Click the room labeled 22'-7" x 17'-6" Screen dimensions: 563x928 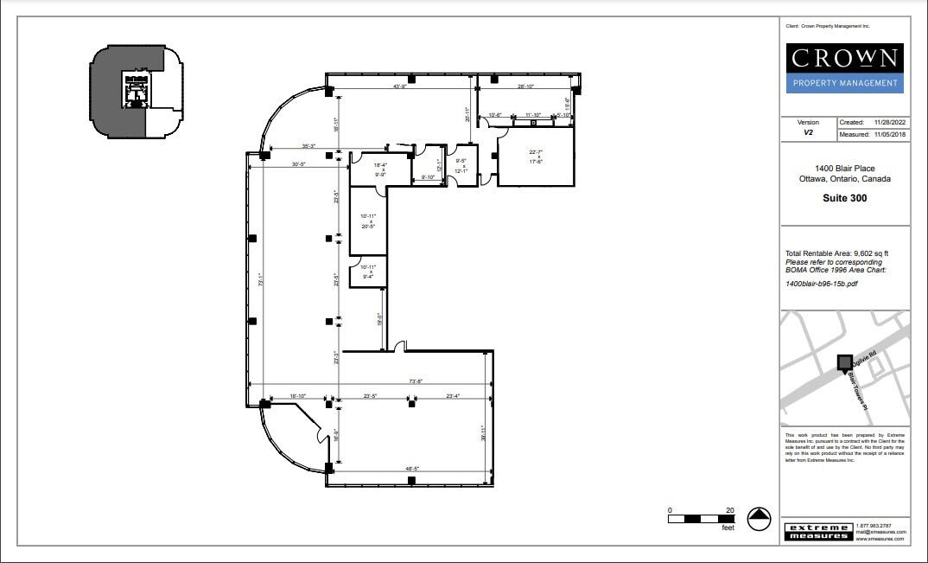[538, 157]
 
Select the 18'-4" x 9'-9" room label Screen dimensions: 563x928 [379, 169]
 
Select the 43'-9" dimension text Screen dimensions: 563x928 [400, 86]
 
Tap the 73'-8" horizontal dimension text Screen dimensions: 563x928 [416, 381]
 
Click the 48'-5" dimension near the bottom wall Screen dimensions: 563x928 [412, 470]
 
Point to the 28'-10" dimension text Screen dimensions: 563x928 [527, 86]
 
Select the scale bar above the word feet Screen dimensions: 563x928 [700, 519]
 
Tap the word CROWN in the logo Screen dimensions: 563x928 [845, 60]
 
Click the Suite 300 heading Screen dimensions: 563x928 [845, 198]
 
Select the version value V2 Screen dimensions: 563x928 [809, 134]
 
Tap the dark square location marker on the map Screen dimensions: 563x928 [844, 362]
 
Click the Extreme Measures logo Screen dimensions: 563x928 [817, 532]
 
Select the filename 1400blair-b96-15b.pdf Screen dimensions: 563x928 [822, 283]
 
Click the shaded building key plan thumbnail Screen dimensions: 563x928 [136, 92]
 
